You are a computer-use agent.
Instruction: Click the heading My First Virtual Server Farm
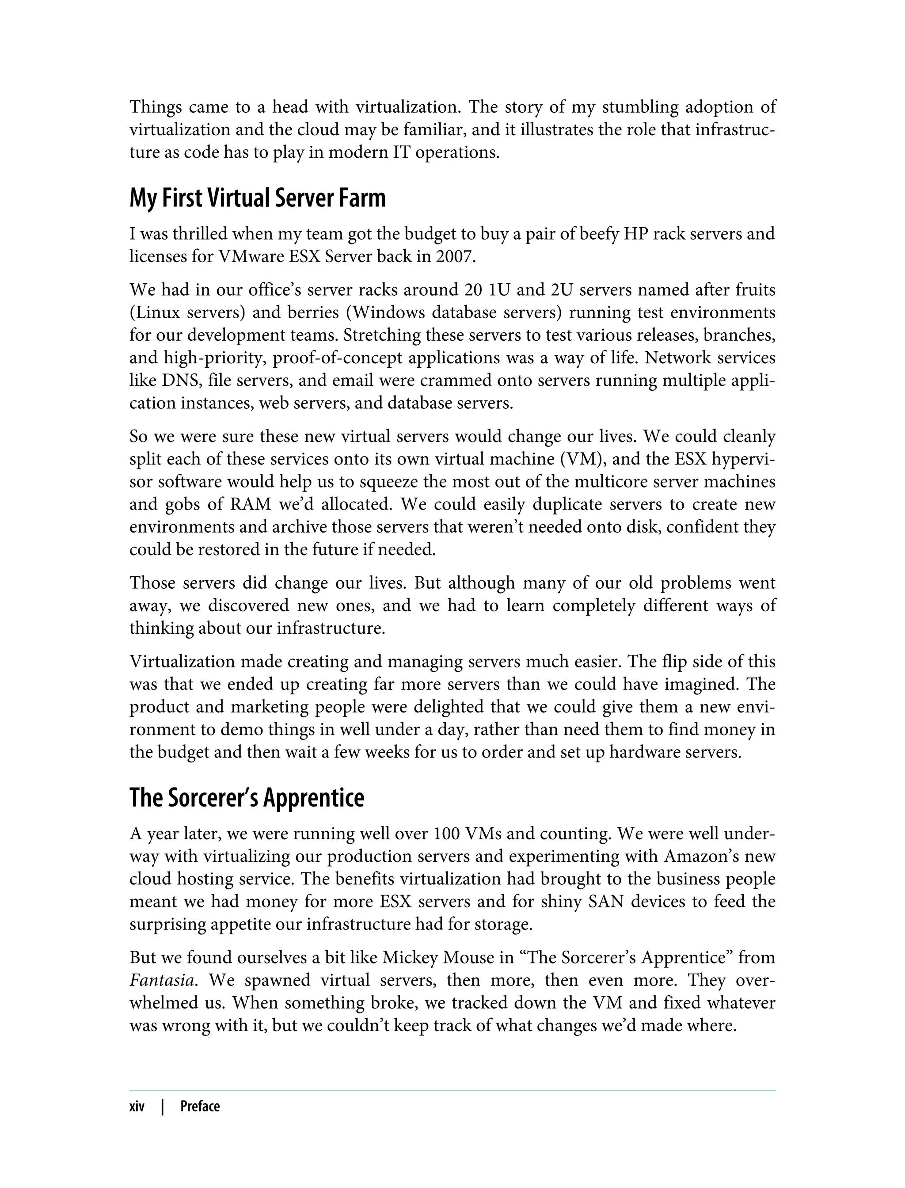tap(258, 199)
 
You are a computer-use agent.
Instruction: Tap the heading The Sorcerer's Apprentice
tap(247, 798)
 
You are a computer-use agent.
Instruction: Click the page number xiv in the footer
tap(137, 1107)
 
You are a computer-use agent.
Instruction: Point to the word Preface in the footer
tap(200, 1107)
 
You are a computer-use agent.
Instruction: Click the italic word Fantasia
tap(162, 979)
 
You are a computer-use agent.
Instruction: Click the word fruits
tap(755, 290)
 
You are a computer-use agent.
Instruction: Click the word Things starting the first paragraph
tap(155, 107)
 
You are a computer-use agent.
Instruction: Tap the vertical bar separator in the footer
tap(162, 1107)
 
